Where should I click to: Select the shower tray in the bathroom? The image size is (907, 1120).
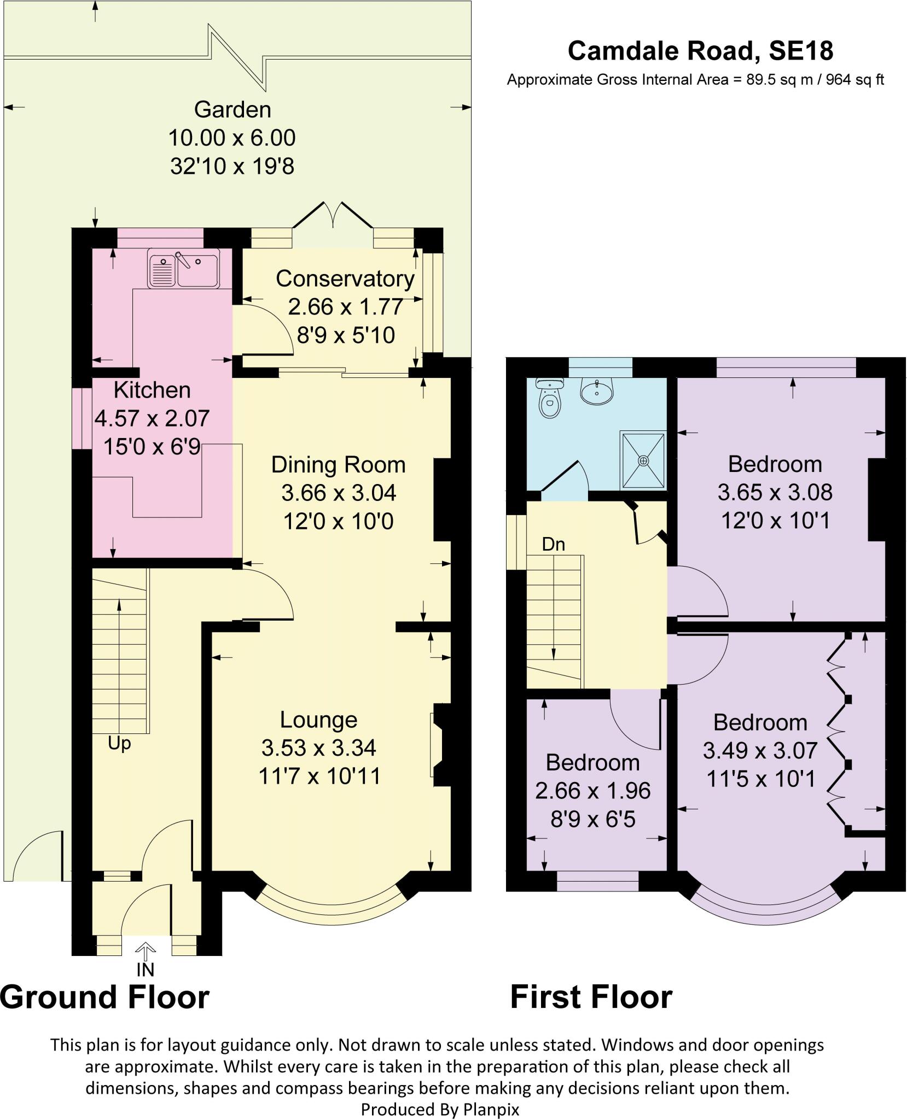click(x=643, y=460)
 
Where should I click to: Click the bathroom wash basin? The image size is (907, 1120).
click(x=597, y=392)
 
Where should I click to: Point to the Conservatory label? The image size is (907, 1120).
click(x=345, y=279)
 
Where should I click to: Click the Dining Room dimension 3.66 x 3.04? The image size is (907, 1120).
click(x=338, y=493)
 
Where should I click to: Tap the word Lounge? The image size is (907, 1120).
click(x=318, y=720)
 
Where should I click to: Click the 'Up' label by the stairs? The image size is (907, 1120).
click(x=119, y=744)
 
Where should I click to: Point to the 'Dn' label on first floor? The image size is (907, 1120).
click(x=553, y=544)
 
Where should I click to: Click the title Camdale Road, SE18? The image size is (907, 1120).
click(x=700, y=51)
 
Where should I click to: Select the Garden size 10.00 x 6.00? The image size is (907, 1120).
click(x=232, y=138)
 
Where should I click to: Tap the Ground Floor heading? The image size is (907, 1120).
click(x=105, y=997)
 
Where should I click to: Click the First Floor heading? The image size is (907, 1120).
click(x=591, y=997)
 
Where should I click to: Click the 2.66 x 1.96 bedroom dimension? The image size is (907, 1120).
click(x=592, y=791)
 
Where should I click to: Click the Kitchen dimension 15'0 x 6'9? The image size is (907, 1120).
click(x=152, y=447)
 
